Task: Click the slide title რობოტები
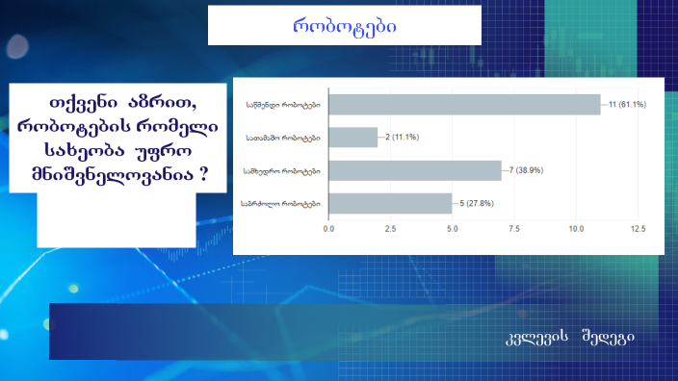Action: (344, 26)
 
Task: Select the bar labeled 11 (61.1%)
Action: (464, 104)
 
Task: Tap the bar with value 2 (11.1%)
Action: (352, 138)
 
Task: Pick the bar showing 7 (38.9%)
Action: (415, 171)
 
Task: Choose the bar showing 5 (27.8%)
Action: (390, 204)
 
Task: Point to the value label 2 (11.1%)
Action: (400, 138)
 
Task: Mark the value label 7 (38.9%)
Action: (525, 171)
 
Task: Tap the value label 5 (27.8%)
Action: (476, 204)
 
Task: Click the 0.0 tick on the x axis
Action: (329, 230)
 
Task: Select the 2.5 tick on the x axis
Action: (391, 230)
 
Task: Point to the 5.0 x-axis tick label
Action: (453, 230)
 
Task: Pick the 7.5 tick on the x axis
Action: (514, 230)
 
